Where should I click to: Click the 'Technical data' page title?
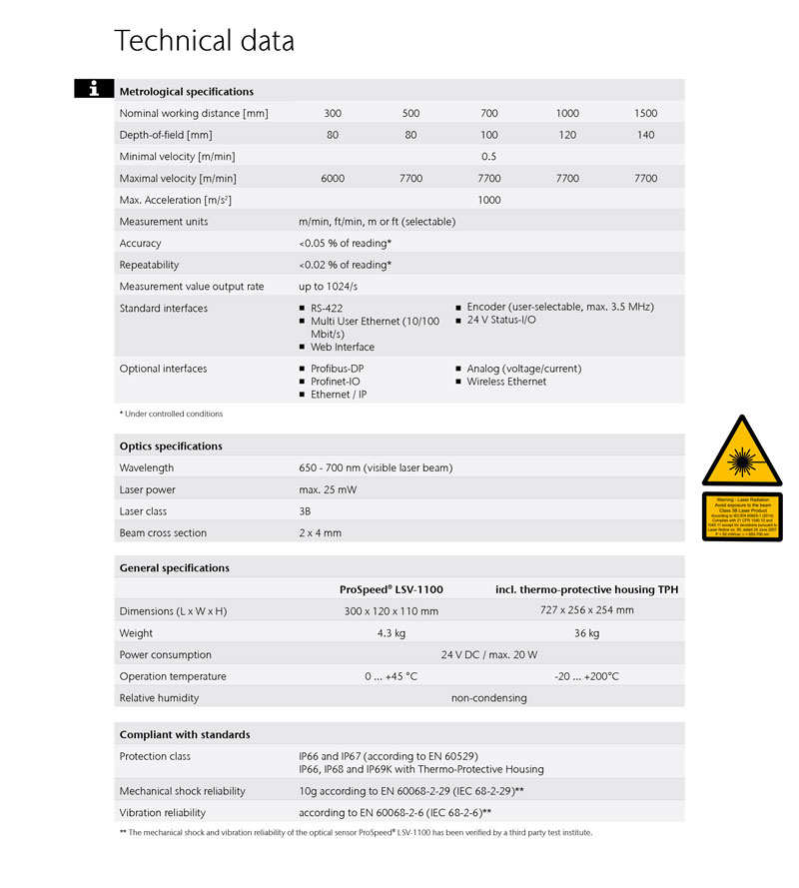(204, 41)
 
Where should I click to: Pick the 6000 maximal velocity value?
(333, 179)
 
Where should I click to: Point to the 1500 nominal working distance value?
(645, 114)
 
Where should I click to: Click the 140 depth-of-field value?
(645, 135)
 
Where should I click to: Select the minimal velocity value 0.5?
(488, 157)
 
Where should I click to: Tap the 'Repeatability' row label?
(149, 266)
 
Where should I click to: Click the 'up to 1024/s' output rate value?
(330, 287)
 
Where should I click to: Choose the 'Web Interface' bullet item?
(342, 348)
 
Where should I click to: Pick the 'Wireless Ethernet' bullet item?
(506, 382)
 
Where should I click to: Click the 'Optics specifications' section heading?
(171, 446)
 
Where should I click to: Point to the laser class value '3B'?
(305, 511)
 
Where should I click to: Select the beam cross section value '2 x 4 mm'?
(320, 533)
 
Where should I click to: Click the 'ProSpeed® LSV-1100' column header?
(392, 590)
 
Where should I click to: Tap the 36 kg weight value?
(586, 633)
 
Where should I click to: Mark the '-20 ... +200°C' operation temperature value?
(586, 676)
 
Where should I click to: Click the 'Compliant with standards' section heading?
(185, 735)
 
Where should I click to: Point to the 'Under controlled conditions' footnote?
(171, 414)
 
